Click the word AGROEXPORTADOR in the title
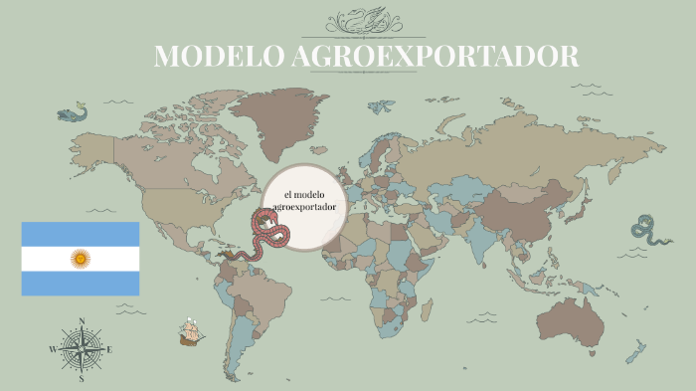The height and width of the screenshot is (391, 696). [435, 57]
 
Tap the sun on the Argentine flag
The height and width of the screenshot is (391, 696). [81, 259]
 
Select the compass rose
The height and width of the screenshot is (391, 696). [82, 349]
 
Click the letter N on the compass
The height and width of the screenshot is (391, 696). [82, 321]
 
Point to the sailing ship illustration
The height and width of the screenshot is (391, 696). [191, 332]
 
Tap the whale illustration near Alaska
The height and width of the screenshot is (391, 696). [73, 113]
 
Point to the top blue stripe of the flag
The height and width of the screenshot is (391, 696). [81, 234]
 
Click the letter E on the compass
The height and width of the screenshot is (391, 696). [109, 349]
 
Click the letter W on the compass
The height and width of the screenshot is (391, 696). [53, 349]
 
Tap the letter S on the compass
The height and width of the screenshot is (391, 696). [82, 378]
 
